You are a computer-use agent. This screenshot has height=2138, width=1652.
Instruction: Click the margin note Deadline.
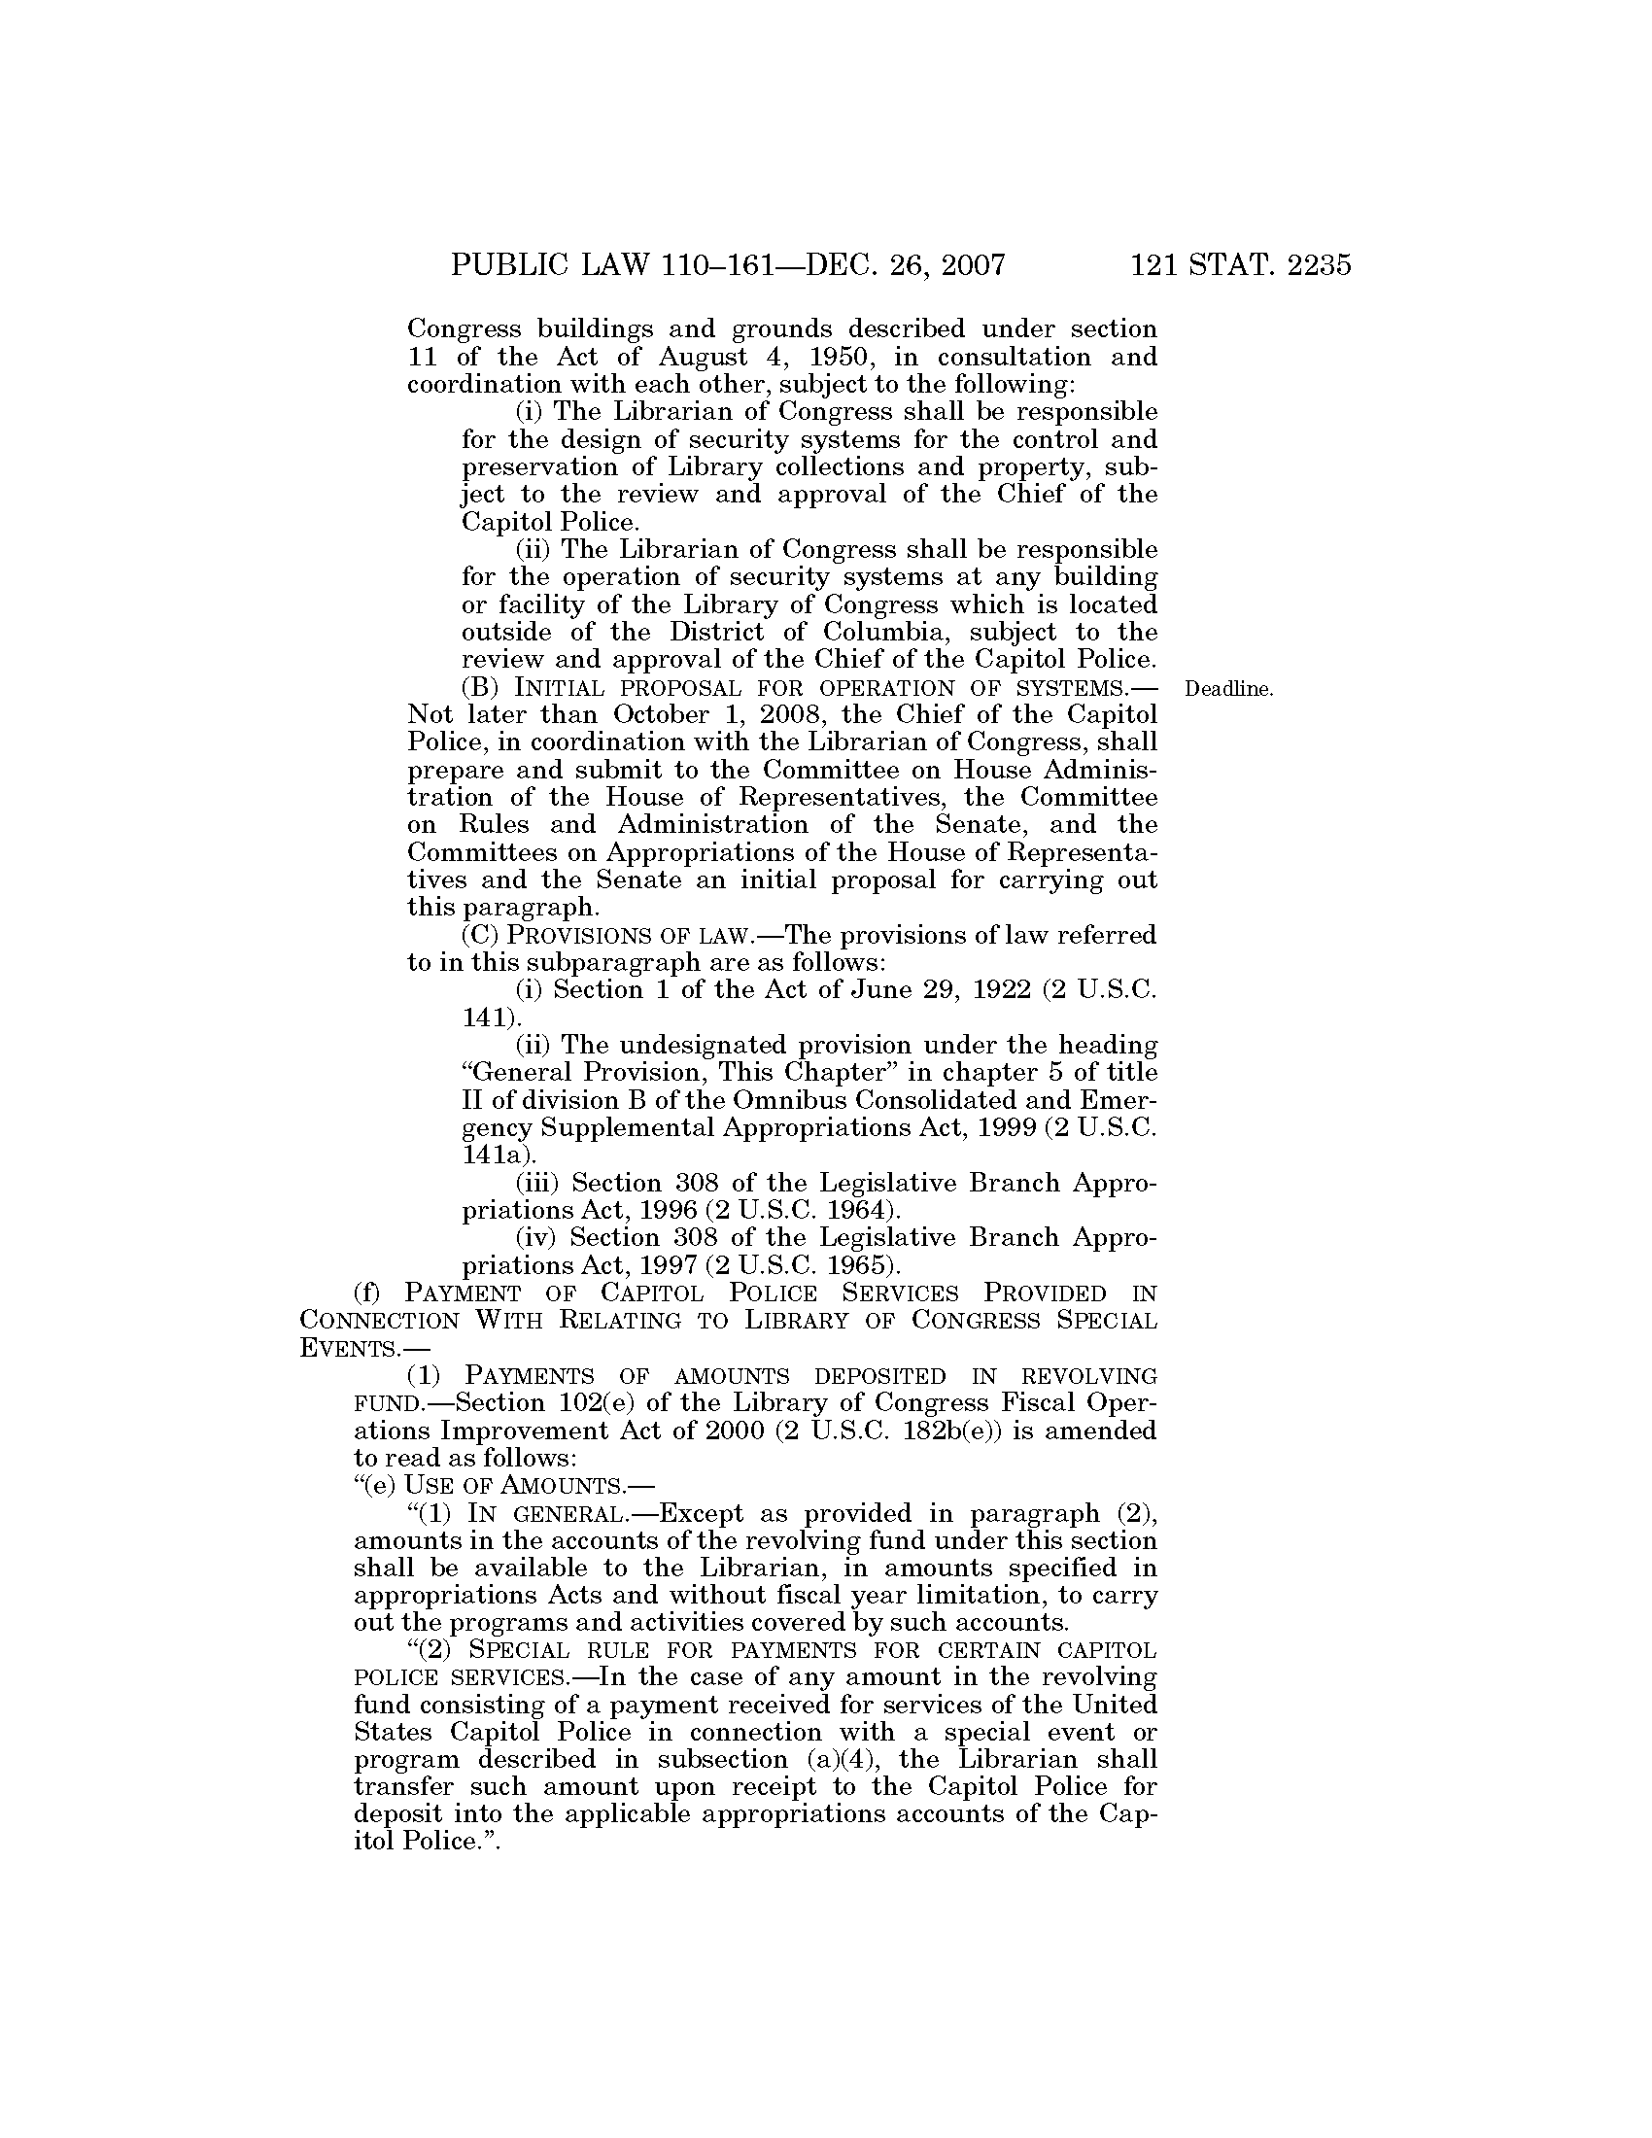tap(1228, 689)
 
